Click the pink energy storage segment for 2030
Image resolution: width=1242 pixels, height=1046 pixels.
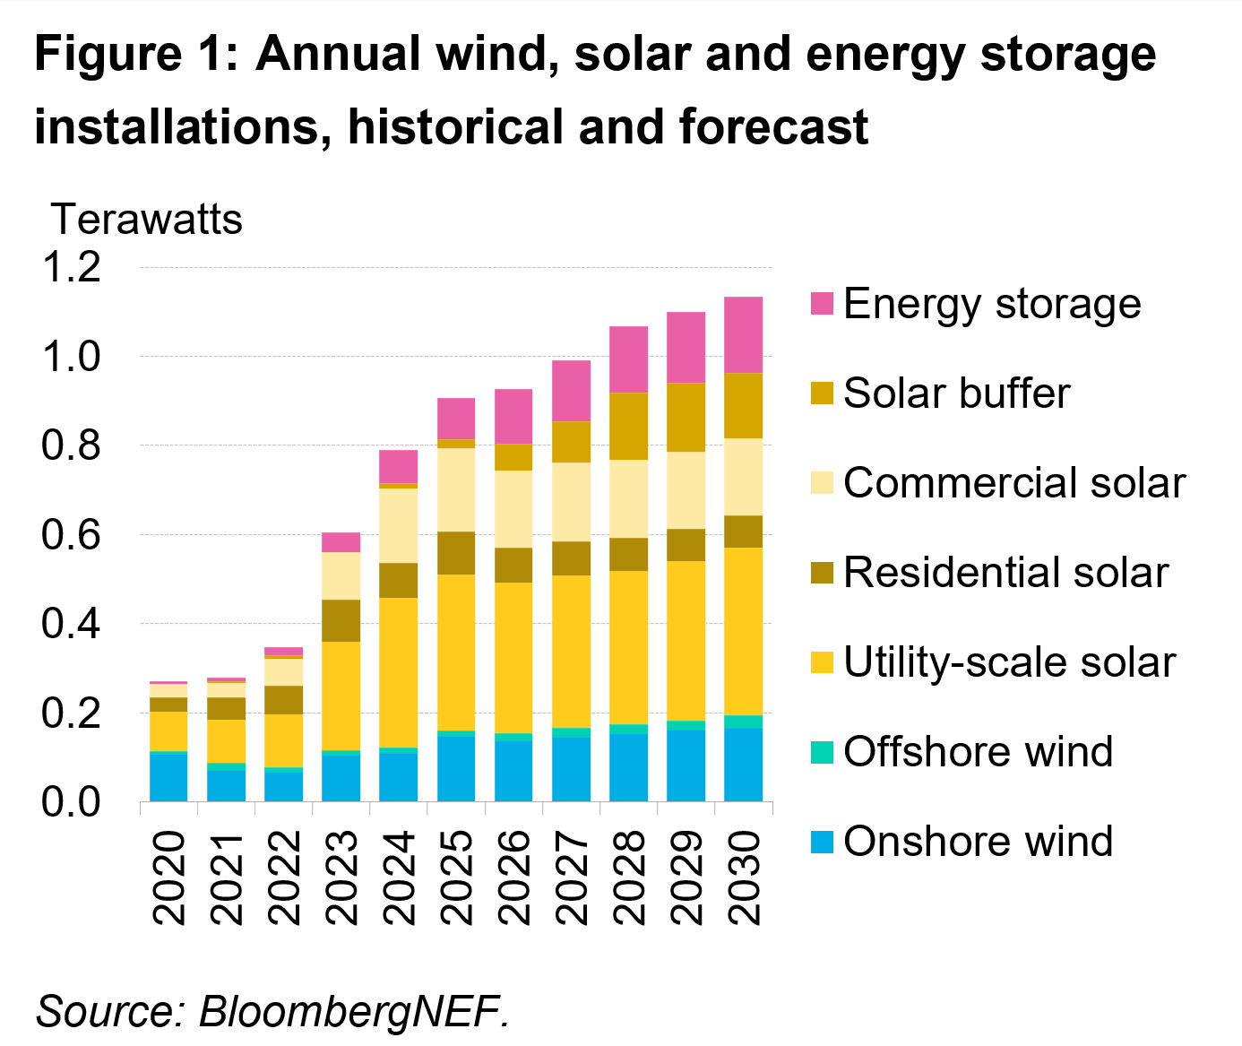pyautogui.click(x=743, y=334)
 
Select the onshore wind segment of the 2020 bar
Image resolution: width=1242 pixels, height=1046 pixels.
pyautogui.click(x=168, y=777)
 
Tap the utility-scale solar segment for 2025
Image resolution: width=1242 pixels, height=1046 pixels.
pyautogui.click(x=456, y=652)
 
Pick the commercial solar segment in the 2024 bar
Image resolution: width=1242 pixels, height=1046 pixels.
pyautogui.click(x=398, y=525)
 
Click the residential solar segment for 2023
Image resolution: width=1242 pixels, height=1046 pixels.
pyautogui.click(x=341, y=620)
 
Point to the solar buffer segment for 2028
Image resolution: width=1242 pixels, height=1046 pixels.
pyautogui.click(x=628, y=426)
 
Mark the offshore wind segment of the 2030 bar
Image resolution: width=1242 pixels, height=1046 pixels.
pyautogui.click(x=743, y=722)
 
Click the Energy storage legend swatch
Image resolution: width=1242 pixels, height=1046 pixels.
pyautogui.click(x=822, y=304)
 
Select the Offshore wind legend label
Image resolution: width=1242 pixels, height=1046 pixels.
pyautogui.click(x=978, y=751)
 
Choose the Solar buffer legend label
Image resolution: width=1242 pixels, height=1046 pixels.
pyautogui.click(x=956, y=393)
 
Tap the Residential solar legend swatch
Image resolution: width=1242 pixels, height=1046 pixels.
pyautogui.click(x=822, y=573)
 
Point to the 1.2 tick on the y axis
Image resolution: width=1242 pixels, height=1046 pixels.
pyautogui.click(x=72, y=267)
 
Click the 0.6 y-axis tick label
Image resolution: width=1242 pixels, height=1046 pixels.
pyautogui.click(x=72, y=534)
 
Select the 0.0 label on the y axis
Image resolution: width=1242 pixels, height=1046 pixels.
pyautogui.click(x=72, y=801)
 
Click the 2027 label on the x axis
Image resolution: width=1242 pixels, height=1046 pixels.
pyautogui.click(x=572, y=877)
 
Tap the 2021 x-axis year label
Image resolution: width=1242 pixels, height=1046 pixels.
pyautogui.click(x=226, y=877)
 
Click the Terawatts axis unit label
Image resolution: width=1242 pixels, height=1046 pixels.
pyautogui.click(x=147, y=220)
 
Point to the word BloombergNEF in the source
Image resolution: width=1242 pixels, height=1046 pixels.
pyautogui.click(x=354, y=1011)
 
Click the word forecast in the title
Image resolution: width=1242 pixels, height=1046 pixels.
pyautogui.click(x=773, y=126)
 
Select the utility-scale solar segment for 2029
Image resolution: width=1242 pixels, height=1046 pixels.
pyautogui.click(x=686, y=640)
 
